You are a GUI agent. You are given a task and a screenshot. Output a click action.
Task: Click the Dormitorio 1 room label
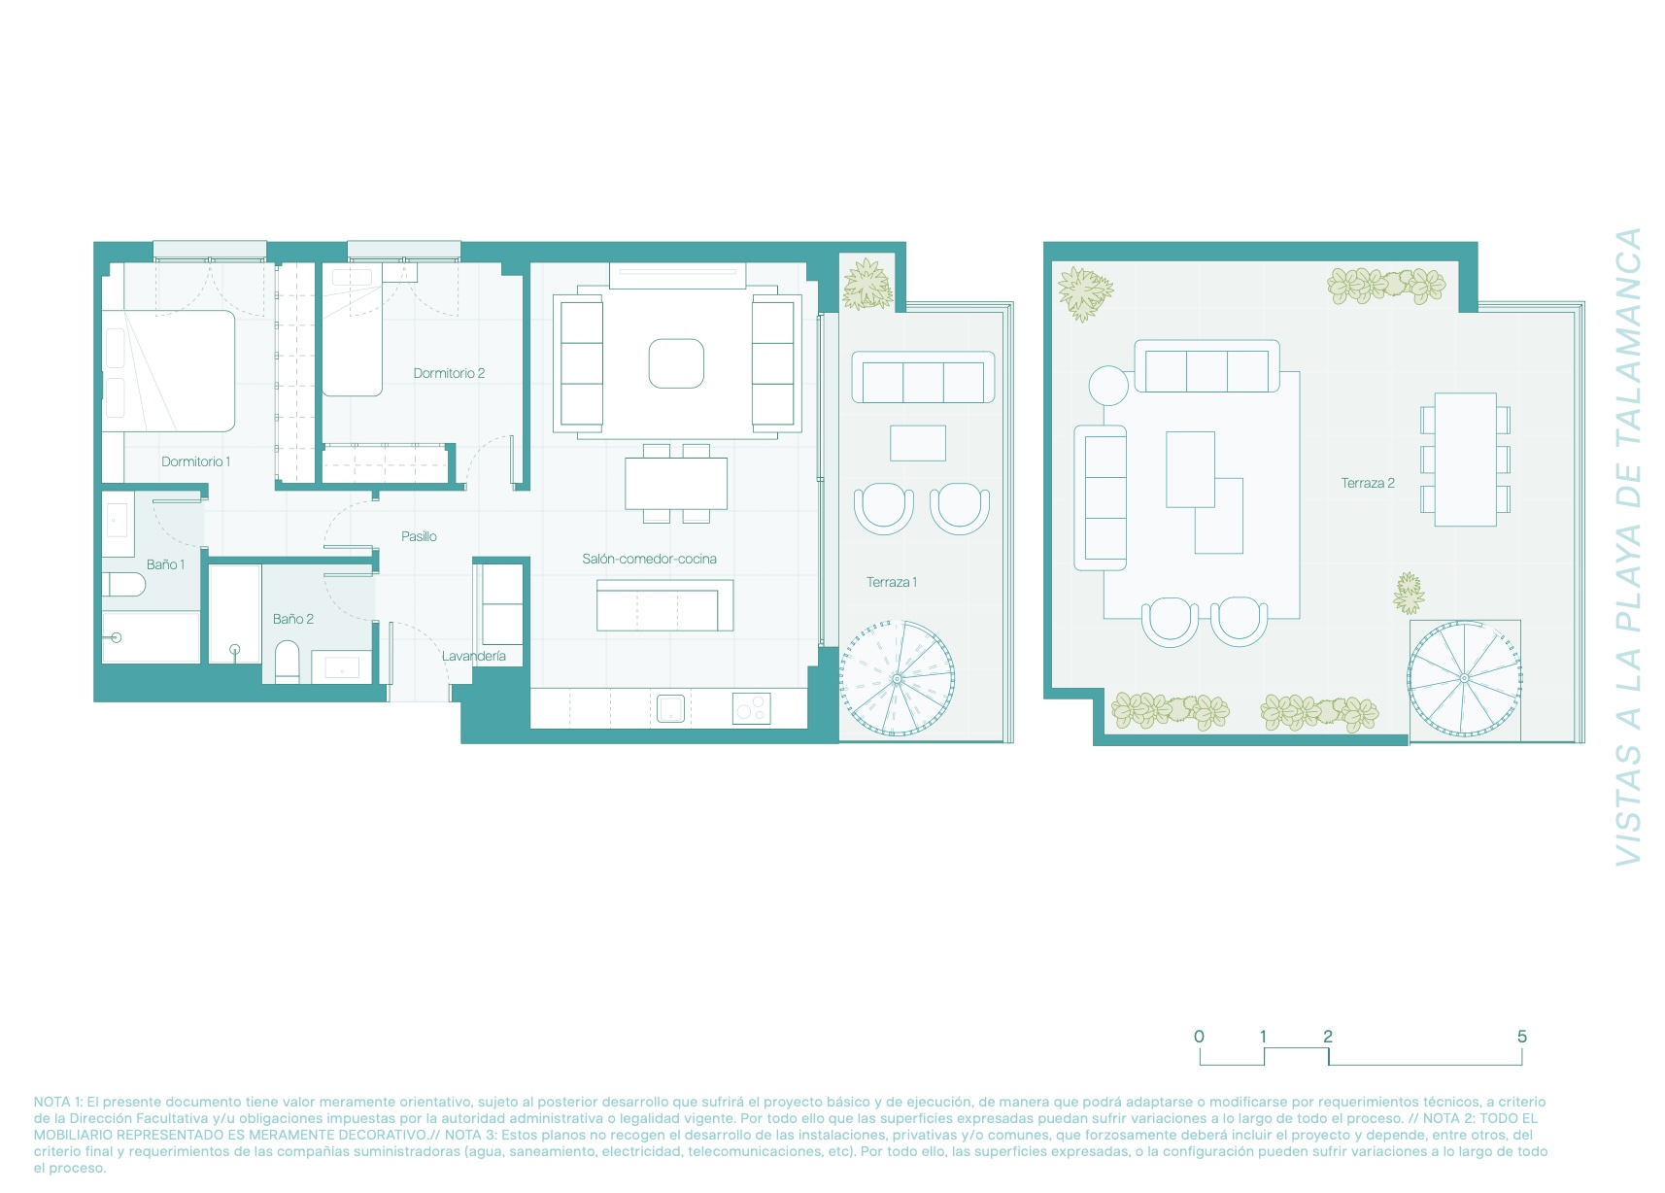tap(195, 461)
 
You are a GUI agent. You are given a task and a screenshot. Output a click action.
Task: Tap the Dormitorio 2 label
tap(449, 373)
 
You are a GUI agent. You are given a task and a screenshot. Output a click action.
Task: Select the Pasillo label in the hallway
tap(420, 536)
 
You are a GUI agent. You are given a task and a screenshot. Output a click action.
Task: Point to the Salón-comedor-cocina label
tap(649, 559)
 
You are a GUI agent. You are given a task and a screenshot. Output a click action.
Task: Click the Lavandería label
tap(473, 656)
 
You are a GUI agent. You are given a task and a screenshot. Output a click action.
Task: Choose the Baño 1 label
tap(165, 564)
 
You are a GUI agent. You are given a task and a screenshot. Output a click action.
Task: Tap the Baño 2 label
tap(292, 619)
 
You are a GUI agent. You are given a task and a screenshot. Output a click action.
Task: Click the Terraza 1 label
tap(891, 582)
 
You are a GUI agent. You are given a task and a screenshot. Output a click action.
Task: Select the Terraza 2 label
tap(1368, 483)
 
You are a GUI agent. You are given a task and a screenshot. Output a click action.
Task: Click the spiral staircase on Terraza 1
tap(898, 678)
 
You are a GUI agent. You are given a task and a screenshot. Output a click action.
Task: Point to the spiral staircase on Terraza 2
tap(1464, 678)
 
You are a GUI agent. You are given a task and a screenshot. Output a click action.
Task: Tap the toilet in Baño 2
tap(287, 662)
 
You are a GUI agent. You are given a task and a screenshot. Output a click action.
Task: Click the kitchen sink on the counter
tap(669, 708)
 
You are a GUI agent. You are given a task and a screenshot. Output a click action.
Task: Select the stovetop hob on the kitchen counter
tap(752, 708)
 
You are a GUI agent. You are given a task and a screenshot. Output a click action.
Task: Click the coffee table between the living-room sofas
tap(676, 363)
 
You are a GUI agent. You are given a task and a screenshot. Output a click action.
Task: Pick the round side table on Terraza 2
tap(1108, 386)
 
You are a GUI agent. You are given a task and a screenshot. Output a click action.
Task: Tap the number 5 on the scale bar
tap(1521, 1037)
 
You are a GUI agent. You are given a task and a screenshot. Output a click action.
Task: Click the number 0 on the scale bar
tap(1199, 1037)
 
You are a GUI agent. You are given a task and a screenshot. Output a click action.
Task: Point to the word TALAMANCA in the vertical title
tap(1628, 337)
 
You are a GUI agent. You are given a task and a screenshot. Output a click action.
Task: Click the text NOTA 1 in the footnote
tap(57, 1102)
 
